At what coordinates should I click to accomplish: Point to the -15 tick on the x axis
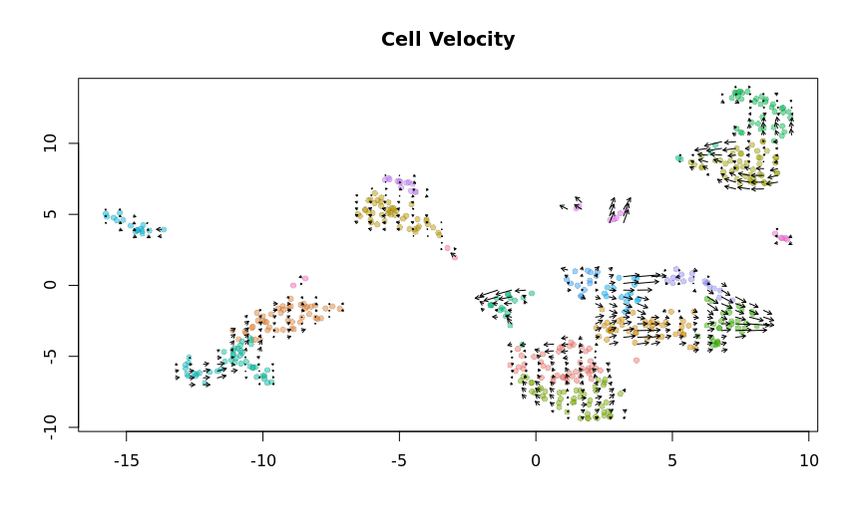(127, 461)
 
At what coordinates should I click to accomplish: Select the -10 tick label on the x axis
(262, 461)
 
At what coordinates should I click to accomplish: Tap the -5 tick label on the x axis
(399, 461)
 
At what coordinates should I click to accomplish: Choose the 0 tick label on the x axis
(536, 461)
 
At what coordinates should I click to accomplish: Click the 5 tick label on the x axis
(671, 461)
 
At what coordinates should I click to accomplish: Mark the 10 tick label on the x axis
(808, 461)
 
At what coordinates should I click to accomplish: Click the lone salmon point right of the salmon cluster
(637, 360)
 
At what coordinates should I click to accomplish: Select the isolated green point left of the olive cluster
(679, 158)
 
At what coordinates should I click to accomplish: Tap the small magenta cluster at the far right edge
(782, 237)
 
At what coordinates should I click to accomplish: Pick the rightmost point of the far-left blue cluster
(163, 230)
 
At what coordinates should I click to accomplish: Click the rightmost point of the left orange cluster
(340, 309)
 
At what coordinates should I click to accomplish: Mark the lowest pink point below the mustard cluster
(454, 257)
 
